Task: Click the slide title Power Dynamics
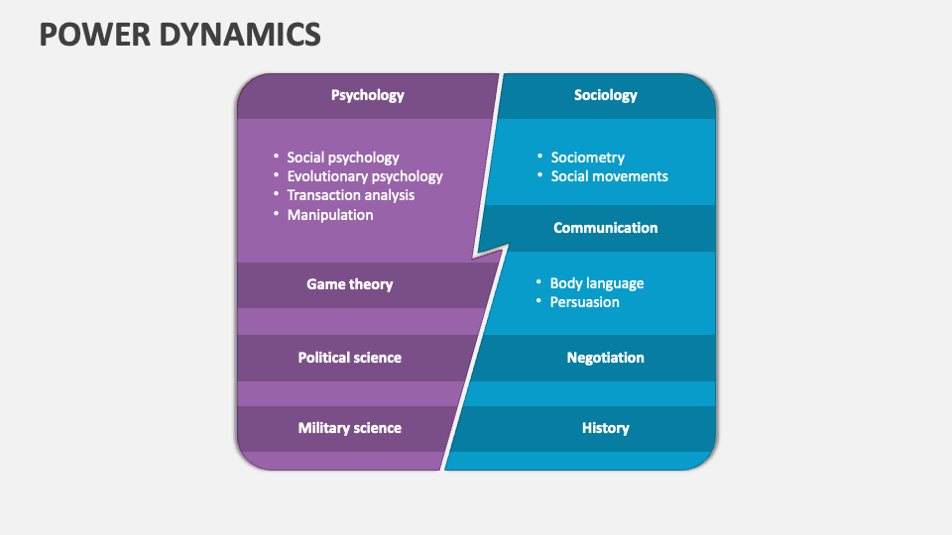179,35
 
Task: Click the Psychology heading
367,96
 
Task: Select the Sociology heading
605,96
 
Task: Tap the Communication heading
605,228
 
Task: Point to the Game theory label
349,284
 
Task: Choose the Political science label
349,358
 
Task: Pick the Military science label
349,428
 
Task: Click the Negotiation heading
605,358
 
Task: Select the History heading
605,428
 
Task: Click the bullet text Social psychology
342,158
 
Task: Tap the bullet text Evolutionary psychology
364,176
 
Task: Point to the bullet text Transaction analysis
350,195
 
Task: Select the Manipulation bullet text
329,214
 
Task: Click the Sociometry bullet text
587,158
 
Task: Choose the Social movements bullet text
609,176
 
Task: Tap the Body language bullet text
596,283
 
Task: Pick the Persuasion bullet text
584,302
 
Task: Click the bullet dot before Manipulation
276,214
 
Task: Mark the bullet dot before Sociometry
539,157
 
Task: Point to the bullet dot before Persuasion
538,301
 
